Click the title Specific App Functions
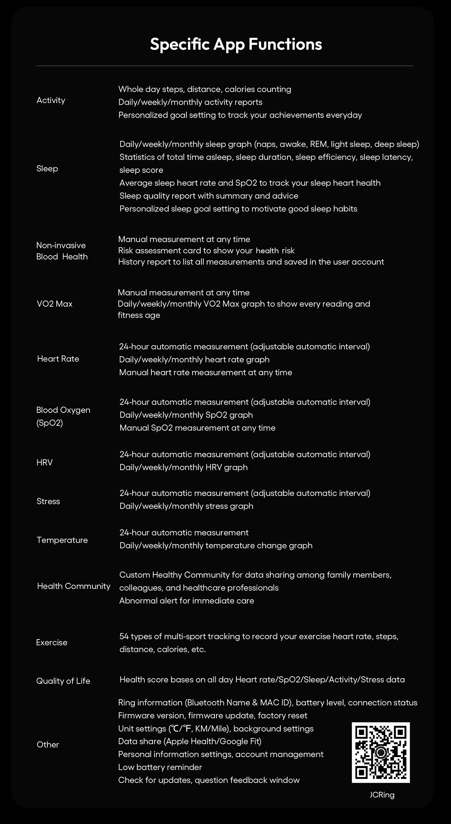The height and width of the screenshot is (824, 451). click(x=236, y=44)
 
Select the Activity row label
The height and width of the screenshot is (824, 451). click(x=51, y=100)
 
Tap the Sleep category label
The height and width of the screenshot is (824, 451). click(x=47, y=169)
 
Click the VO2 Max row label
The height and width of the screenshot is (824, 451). click(x=54, y=304)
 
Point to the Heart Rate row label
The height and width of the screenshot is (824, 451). click(x=58, y=359)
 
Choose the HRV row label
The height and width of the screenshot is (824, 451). click(x=45, y=463)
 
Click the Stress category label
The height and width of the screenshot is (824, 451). click(x=48, y=501)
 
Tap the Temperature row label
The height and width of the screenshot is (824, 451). click(x=62, y=540)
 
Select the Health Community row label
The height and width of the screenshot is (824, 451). click(x=74, y=586)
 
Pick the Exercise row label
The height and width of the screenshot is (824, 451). click(x=52, y=643)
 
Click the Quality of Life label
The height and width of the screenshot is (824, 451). click(x=63, y=681)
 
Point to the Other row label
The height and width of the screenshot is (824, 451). click(x=48, y=744)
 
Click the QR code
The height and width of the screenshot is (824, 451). click(x=381, y=752)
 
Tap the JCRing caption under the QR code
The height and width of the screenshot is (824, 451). click(x=382, y=795)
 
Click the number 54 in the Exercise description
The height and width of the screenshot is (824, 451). click(x=124, y=636)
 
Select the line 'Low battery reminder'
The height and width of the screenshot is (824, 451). click(x=160, y=767)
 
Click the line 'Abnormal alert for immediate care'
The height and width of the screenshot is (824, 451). click(x=187, y=600)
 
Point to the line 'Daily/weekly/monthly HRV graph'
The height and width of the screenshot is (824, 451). click(x=183, y=467)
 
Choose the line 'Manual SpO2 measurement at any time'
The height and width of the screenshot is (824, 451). click(x=197, y=428)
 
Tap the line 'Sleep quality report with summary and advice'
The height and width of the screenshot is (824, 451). click(x=209, y=196)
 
